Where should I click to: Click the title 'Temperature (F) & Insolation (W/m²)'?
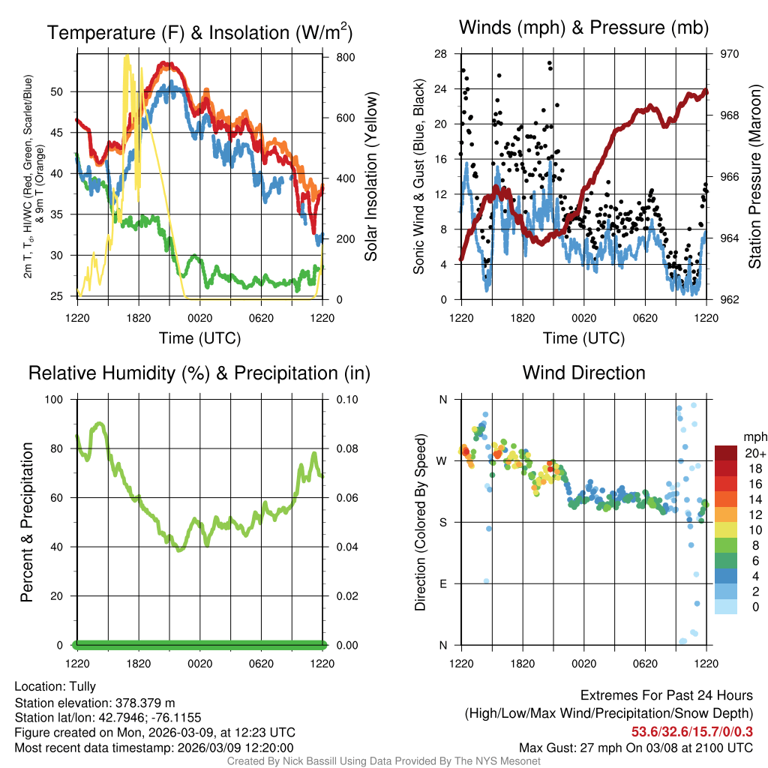coord(199,33)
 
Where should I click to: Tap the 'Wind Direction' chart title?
coord(583,373)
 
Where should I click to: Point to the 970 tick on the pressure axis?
coord(730,54)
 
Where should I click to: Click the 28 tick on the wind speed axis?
coord(441,54)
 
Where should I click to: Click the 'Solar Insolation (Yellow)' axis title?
coord(370,177)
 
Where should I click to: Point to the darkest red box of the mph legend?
coord(726,453)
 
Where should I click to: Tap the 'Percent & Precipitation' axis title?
coord(26,522)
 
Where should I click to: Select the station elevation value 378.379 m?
coord(145,703)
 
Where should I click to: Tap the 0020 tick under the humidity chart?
coord(199,663)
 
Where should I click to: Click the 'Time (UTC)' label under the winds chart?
coord(583,338)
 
